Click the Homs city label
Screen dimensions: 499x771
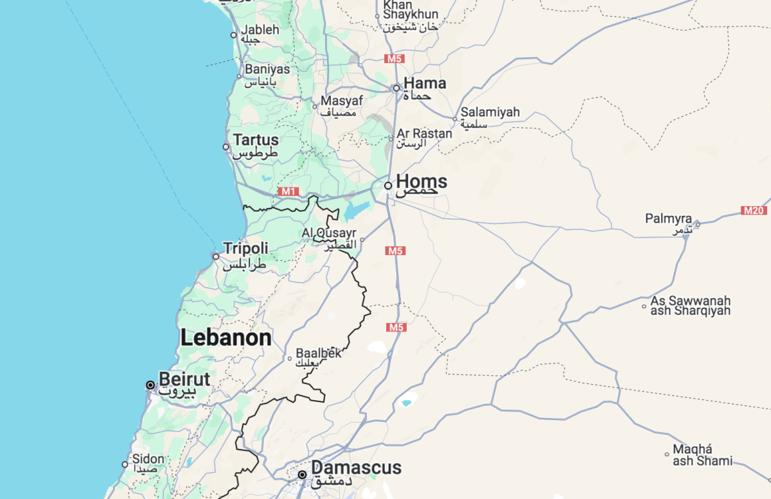(421, 182)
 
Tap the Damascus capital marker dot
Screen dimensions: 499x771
(302, 475)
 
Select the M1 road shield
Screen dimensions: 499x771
(288, 191)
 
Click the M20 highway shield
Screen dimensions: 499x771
(753, 211)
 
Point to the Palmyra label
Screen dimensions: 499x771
(668, 219)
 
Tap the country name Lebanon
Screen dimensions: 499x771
(226, 338)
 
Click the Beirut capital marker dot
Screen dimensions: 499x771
(150, 385)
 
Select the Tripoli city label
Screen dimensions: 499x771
(245, 249)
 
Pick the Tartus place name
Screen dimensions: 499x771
(256, 140)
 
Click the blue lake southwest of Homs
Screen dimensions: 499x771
(357, 209)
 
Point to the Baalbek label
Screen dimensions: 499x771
(318, 353)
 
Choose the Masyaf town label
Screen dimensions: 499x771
(342, 101)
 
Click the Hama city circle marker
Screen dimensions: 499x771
(396, 88)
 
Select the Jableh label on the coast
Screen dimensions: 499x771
(260, 30)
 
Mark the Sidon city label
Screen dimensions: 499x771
(148, 459)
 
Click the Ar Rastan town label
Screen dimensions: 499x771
(424, 134)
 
